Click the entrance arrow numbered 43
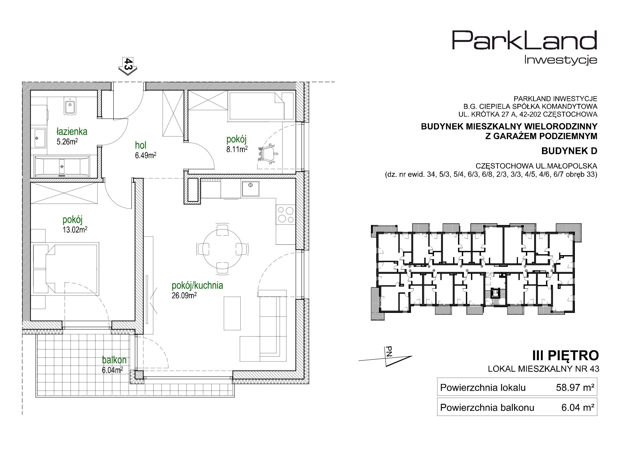click(128, 66)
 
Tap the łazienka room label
click(72, 131)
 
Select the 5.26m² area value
click(67, 141)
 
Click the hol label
click(140, 145)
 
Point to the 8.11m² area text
click(237, 149)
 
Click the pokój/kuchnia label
click(197, 285)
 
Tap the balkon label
click(114, 360)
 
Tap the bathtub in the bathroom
click(62, 167)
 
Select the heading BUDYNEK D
click(569, 151)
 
